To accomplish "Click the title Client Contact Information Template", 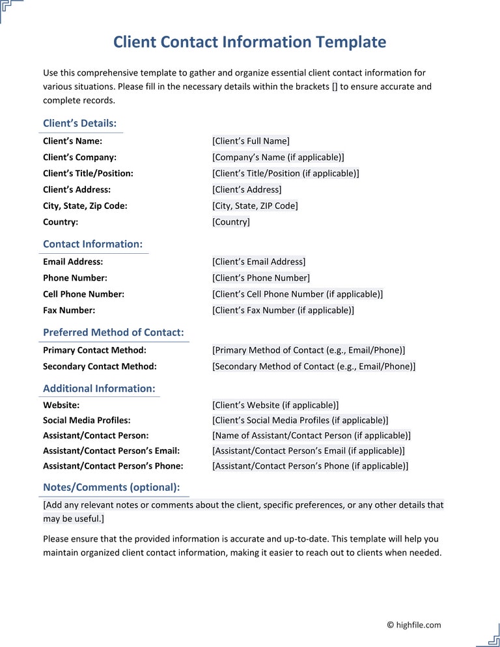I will pyautogui.click(x=249, y=42).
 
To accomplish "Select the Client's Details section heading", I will pyautogui.click(x=79, y=123).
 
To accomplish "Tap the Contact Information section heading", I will pyautogui.click(x=92, y=244).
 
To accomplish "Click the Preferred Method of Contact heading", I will pyautogui.click(x=113, y=333).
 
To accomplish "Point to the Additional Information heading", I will pyautogui.click(x=99, y=389).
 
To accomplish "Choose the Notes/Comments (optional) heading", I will pyautogui.click(x=111, y=487).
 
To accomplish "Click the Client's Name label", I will pyautogui.click(x=72, y=141).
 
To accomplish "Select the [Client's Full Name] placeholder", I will pyautogui.click(x=251, y=141).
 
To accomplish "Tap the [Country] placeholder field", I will pyautogui.click(x=230, y=222).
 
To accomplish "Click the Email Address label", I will pyautogui.click(x=73, y=262).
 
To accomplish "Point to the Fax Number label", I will pyautogui.click(x=69, y=310).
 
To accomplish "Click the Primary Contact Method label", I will pyautogui.click(x=94, y=350).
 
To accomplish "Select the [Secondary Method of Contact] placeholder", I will pyautogui.click(x=314, y=366).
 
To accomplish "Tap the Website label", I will pyautogui.click(x=61, y=405).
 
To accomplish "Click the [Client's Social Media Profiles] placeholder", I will pyautogui.click(x=300, y=420).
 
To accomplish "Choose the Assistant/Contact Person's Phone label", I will pyautogui.click(x=113, y=466).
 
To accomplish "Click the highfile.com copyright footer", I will pyautogui.click(x=413, y=625).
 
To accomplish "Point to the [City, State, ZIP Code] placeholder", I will pyautogui.click(x=255, y=206).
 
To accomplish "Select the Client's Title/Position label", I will pyautogui.click(x=88, y=173).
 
